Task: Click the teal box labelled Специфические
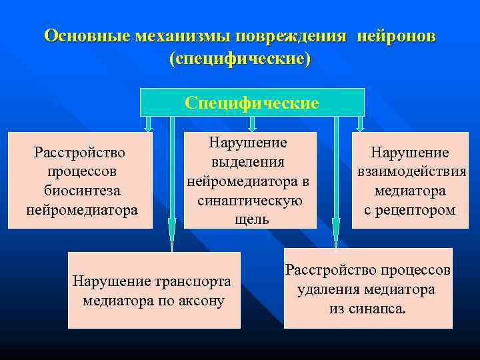pos(252,103)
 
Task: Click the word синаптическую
pos(250,200)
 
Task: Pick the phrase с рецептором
pos(411,210)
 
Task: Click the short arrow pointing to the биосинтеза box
pos(149,123)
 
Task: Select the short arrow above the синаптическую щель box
pos(252,123)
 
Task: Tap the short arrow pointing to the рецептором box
pos(360,123)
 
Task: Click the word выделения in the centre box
pos(248,162)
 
